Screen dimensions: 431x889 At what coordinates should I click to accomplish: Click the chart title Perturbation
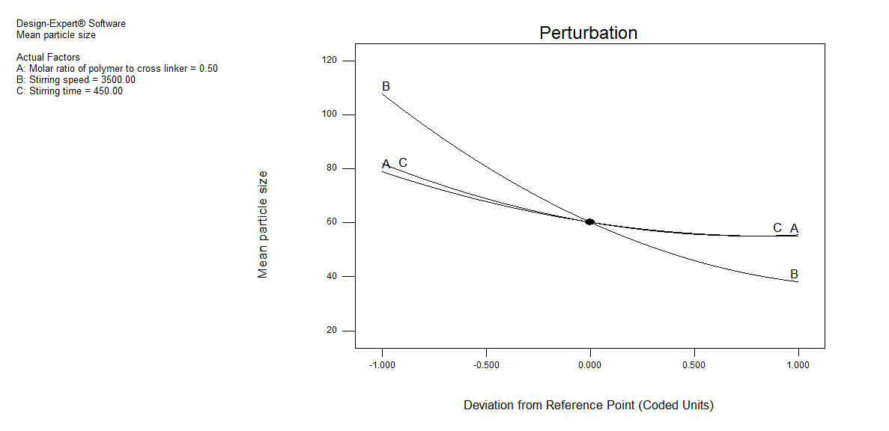click(588, 33)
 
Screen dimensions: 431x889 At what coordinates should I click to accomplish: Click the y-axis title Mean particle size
click(263, 224)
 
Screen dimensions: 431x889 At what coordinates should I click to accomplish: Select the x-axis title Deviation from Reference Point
click(588, 406)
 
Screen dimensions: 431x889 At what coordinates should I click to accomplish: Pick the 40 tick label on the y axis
click(330, 277)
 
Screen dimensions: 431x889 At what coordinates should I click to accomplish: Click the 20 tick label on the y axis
click(330, 331)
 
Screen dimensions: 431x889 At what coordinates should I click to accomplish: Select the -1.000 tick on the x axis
click(383, 365)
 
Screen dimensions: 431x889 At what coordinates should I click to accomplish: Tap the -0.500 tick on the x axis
click(486, 365)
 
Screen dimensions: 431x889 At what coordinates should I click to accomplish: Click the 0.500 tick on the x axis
click(694, 365)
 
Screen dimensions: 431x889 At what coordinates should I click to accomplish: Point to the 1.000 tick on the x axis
click(798, 365)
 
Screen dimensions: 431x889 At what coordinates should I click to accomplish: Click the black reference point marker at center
click(589, 222)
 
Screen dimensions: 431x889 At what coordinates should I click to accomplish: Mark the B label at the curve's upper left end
click(386, 87)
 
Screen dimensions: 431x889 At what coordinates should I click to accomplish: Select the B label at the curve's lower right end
click(794, 275)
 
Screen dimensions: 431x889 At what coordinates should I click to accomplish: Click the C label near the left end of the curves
click(403, 163)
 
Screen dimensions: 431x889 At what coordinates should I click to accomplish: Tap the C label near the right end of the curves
click(777, 228)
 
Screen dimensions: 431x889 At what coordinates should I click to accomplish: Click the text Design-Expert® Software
click(71, 24)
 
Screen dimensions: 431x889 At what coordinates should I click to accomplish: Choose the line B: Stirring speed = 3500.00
click(76, 80)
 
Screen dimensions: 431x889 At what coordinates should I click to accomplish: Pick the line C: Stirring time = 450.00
click(70, 91)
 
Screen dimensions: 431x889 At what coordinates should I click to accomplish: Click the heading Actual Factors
click(48, 58)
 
